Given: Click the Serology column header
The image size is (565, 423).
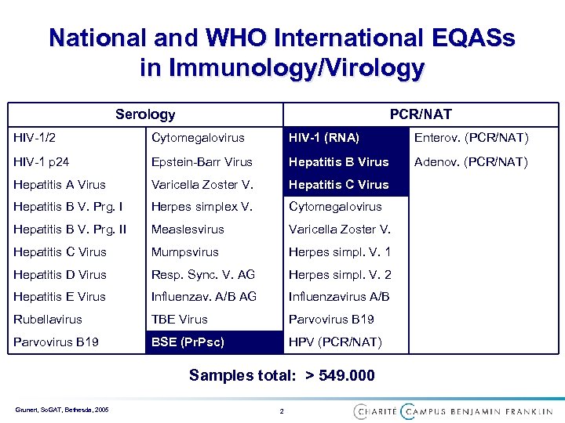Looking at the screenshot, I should pyautogui.click(x=145, y=114).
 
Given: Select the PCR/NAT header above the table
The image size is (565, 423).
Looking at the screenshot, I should pyautogui.click(x=421, y=114).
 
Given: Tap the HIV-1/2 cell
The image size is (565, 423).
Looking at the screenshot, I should pyautogui.click(x=35, y=138).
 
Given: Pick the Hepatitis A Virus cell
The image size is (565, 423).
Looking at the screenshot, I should pyautogui.click(x=60, y=185).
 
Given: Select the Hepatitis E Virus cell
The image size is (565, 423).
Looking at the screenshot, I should pyautogui.click(x=60, y=297).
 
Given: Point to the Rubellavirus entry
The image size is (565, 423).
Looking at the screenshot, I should pyautogui.click(x=48, y=320).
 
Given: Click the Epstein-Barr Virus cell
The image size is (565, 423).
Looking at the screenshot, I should pyautogui.click(x=202, y=162).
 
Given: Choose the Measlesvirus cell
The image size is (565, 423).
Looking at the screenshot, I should pyautogui.click(x=188, y=230).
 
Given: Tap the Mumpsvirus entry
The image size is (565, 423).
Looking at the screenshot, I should pyautogui.click(x=184, y=252).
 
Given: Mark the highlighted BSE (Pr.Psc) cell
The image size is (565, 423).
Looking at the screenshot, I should pyautogui.click(x=188, y=342).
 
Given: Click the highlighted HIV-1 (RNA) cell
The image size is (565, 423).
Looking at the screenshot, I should pyautogui.click(x=324, y=138).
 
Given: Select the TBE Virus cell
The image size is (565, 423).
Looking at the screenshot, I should pyautogui.click(x=180, y=320).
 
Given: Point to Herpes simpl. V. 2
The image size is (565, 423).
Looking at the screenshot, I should pyautogui.click(x=340, y=275).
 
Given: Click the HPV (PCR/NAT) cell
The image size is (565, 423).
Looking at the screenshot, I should pyautogui.click(x=335, y=342).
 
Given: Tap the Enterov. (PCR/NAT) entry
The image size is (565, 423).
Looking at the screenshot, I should pyautogui.click(x=471, y=138).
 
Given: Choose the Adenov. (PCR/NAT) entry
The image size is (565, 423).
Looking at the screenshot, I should pyautogui.click(x=471, y=162).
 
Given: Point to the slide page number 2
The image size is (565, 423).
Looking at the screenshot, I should pyautogui.click(x=282, y=410).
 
